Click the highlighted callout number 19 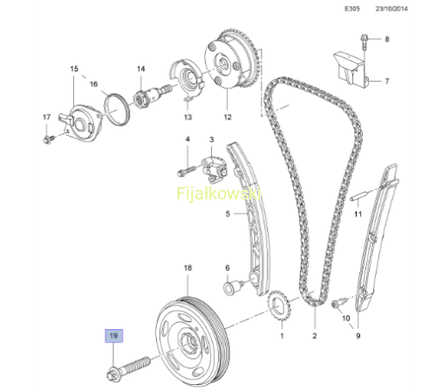[x=113, y=336]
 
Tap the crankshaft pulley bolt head [x=112, y=374]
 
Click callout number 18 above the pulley [x=188, y=267]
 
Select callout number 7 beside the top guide [x=387, y=81]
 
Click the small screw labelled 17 [x=49, y=139]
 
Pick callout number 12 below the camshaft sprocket [x=228, y=117]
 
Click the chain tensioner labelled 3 [x=215, y=170]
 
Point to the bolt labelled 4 [x=187, y=170]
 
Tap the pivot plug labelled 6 [x=234, y=286]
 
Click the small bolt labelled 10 [x=338, y=302]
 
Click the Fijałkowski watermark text [x=219, y=193]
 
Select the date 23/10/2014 [x=392, y=9]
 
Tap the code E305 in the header [x=352, y=9]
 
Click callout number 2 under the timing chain [x=315, y=336]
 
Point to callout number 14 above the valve [x=141, y=69]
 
